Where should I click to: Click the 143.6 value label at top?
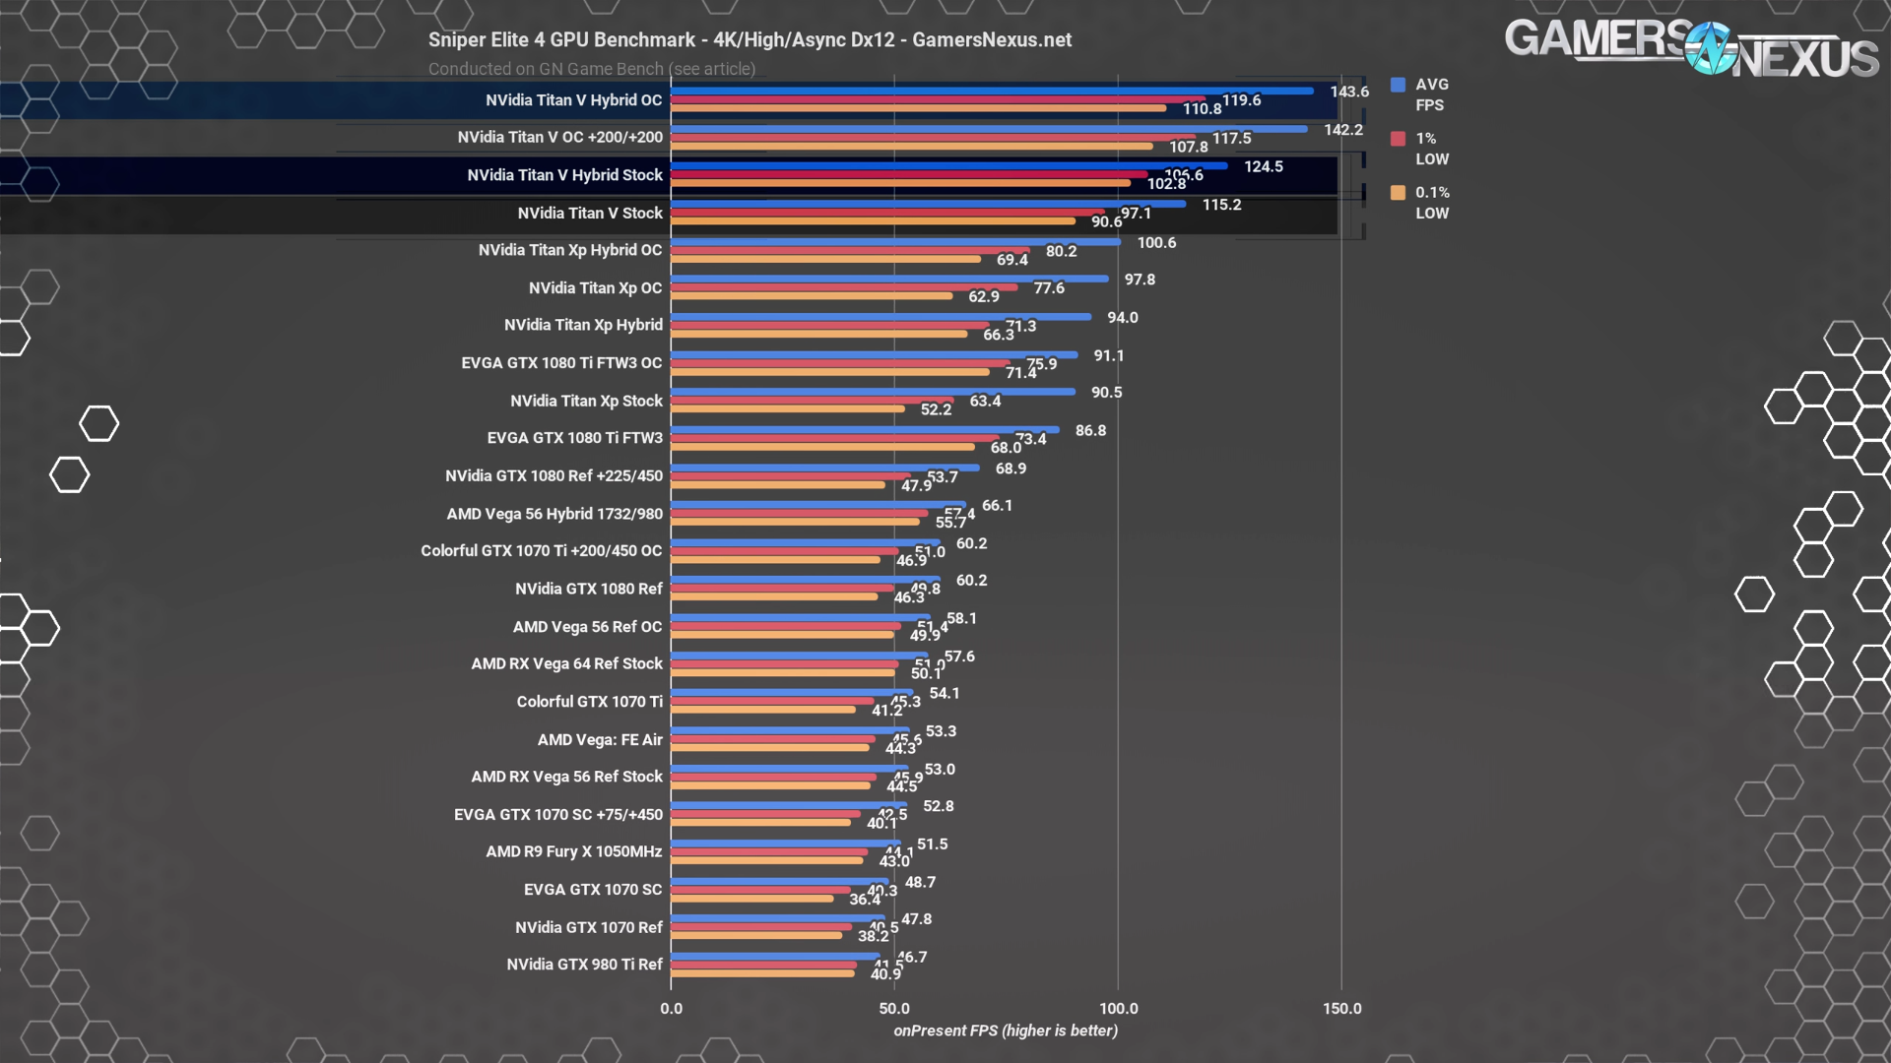[1348, 92]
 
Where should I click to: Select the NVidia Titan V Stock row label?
[589, 213]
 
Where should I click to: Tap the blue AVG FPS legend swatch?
[1398, 85]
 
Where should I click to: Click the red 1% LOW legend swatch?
[1398, 139]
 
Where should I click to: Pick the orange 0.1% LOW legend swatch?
[1398, 193]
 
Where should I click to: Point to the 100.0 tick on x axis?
[1118, 1008]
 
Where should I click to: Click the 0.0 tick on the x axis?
[671, 1008]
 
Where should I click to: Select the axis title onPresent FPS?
[1005, 1031]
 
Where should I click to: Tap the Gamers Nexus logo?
[1690, 47]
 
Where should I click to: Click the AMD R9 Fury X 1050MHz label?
[573, 851]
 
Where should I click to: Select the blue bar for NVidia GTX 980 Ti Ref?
[775, 956]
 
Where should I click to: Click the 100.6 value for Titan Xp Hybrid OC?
[1156, 242]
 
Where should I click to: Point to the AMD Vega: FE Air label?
[599, 739]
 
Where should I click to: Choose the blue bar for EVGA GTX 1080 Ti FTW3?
[865, 429]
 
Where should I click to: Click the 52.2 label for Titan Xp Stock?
[936, 409]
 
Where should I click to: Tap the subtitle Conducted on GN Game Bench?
[591, 69]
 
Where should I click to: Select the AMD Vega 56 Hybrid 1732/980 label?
[554, 514]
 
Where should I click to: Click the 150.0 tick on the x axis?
[1341, 1008]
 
